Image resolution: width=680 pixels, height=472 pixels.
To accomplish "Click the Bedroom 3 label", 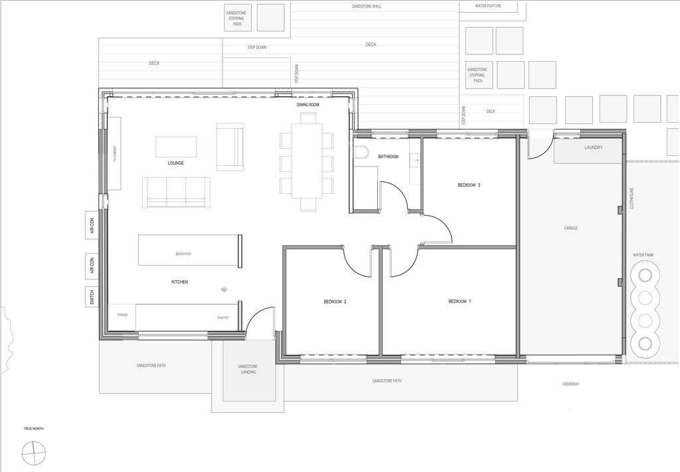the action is click(x=469, y=185).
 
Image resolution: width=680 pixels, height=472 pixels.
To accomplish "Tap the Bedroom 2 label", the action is click(x=335, y=301).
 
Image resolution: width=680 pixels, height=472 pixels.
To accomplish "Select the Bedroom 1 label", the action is click(x=460, y=301).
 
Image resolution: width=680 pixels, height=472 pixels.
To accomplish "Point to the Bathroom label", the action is click(x=388, y=157).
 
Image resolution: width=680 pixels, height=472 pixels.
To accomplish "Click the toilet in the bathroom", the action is click(x=361, y=151).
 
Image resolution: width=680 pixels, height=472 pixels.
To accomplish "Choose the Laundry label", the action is click(x=593, y=147).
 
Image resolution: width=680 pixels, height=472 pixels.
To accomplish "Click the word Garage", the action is click(x=570, y=228).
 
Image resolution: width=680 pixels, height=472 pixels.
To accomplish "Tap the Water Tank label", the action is click(x=643, y=256).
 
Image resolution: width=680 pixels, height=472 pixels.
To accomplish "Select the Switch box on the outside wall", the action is click(x=92, y=297).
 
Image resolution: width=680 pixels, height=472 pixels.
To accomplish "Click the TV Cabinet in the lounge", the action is click(x=114, y=153).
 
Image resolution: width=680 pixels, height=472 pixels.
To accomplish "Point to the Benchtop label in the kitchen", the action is click(x=183, y=254).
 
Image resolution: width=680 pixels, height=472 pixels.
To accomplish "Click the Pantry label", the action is click(x=223, y=318).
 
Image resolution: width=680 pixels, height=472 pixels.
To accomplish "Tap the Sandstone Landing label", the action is click(x=248, y=369).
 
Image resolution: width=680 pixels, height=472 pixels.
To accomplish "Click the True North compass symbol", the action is click(x=35, y=453).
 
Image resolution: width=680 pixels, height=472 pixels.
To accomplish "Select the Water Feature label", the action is click(x=488, y=6).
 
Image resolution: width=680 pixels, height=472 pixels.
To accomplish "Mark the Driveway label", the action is click(x=570, y=384).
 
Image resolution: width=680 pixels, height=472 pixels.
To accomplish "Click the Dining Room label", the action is click(x=308, y=105).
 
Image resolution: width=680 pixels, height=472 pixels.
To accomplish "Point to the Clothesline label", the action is click(x=632, y=198).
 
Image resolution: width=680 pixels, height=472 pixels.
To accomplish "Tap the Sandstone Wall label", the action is click(x=367, y=7).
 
